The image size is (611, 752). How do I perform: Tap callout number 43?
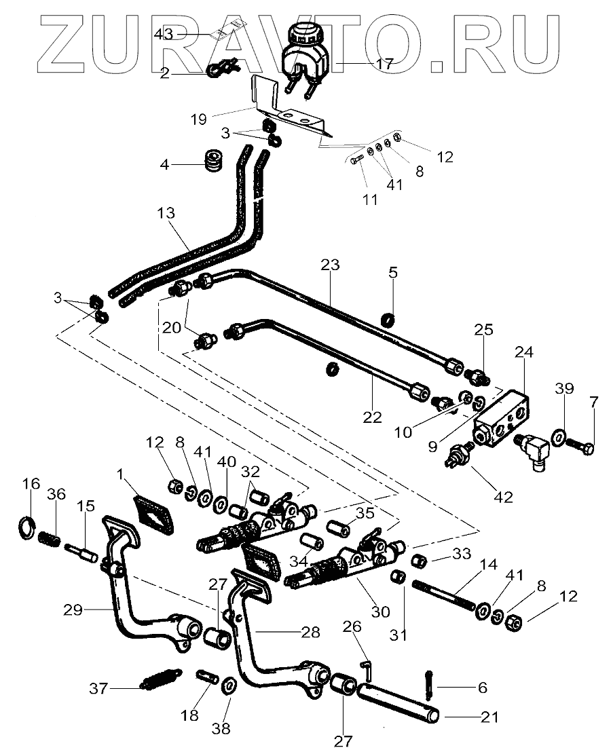[164, 33]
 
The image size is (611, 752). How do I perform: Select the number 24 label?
[523, 353]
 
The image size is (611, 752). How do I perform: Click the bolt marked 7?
[580, 448]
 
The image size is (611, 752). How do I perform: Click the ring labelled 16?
[27, 527]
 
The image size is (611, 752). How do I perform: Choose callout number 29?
[73, 610]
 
